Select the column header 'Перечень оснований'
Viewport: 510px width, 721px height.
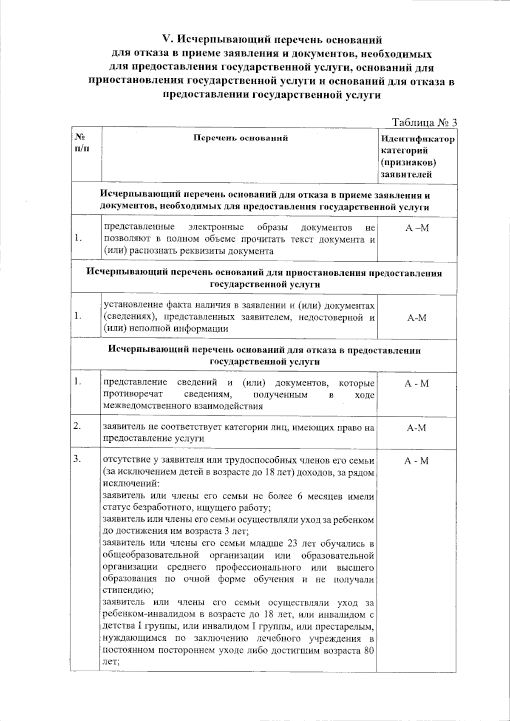coord(241,138)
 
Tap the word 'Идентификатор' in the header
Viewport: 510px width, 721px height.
coord(417,139)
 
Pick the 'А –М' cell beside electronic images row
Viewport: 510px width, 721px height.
coord(417,228)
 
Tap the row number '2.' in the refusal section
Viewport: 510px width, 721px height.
coord(77,427)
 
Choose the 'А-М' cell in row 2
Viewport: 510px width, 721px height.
coord(416,428)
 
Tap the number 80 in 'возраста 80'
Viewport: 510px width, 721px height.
coord(368,650)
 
